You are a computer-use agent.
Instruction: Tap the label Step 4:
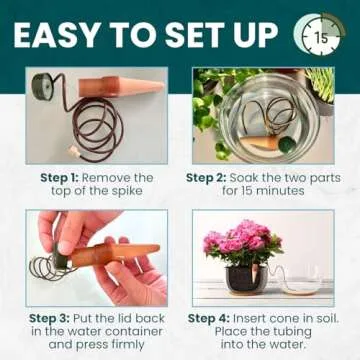[213, 319]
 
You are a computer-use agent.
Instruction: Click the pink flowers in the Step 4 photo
[242, 244]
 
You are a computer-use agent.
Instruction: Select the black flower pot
[243, 278]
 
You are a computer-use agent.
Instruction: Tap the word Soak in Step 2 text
[259, 177]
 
